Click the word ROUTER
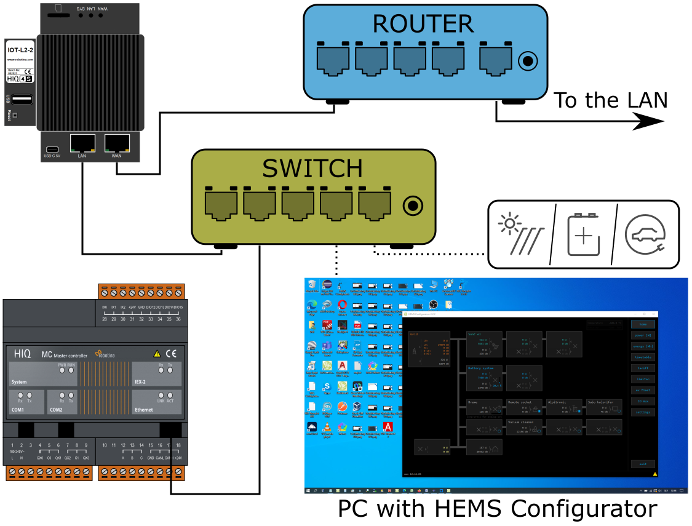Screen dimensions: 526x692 point(423,24)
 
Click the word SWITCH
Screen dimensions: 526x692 point(312,169)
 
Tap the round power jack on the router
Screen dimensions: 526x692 point(528,62)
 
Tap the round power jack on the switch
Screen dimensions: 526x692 point(413,206)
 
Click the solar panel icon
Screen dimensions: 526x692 point(520,234)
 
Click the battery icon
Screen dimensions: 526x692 point(583,234)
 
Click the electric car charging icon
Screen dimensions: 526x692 point(645,234)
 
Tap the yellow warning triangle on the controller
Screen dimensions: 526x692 point(157,354)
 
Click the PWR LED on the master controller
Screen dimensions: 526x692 point(62,370)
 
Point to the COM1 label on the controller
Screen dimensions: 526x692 point(17,410)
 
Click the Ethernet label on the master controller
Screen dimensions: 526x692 point(144,410)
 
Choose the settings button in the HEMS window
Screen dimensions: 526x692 point(643,412)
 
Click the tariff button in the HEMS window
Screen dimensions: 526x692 point(643,368)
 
